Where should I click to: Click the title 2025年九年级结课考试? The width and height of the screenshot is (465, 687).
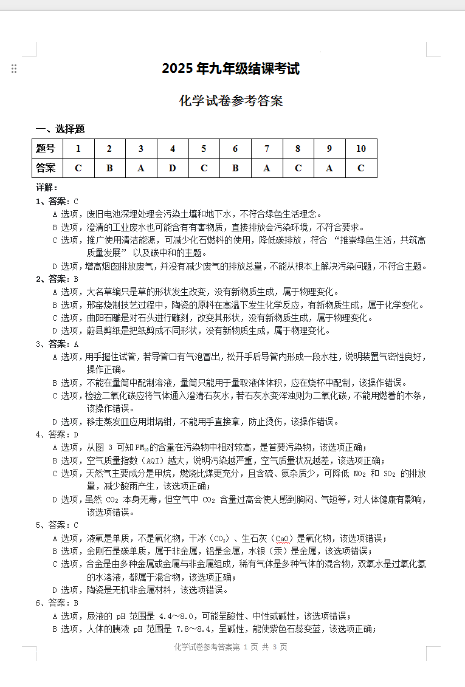point(230,69)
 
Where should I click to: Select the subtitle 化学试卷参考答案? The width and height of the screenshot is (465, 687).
point(231,101)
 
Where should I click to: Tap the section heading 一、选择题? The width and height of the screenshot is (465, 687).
point(60,129)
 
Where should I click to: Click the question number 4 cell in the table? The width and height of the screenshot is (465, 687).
point(173,149)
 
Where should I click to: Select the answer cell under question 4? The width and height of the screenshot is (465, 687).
point(173,168)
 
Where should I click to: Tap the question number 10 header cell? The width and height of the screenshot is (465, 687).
point(361,149)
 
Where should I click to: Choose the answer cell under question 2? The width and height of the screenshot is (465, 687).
point(109,168)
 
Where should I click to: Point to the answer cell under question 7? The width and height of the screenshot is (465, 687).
point(267,168)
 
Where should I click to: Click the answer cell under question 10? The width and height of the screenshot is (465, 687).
point(361,168)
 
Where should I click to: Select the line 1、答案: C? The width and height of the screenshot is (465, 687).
point(58,201)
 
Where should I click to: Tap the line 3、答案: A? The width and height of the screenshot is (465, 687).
point(58,344)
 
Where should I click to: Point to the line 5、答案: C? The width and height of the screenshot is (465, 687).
point(58,525)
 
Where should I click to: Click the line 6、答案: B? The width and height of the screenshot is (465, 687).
point(58,603)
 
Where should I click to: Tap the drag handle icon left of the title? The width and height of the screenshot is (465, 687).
point(14,69)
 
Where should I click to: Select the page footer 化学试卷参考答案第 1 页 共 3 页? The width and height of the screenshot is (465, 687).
point(231,647)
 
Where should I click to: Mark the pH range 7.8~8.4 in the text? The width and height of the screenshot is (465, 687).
point(195,629)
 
